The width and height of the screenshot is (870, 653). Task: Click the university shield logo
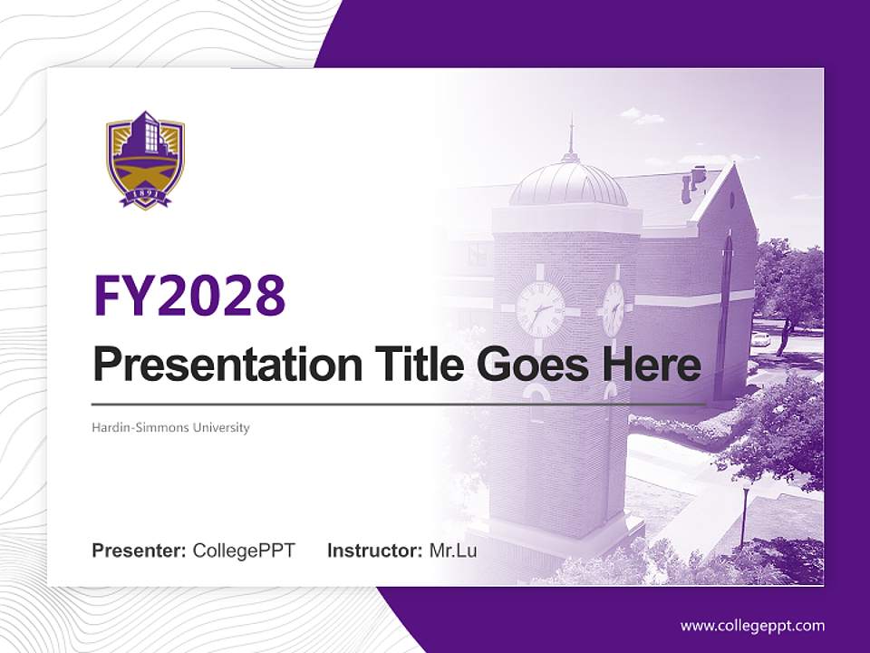pos(145,160)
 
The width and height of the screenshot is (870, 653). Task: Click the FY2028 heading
pos(189,297)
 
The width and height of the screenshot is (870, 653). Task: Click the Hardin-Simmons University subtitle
pos(170,427)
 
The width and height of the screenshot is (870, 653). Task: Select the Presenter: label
pos(140,551)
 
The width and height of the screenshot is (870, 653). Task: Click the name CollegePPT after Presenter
pos(244,551)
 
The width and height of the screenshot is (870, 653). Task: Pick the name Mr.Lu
pos(453,551)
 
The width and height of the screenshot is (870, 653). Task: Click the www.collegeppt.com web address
pos(752,626)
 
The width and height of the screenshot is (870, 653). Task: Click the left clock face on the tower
pos(541,309)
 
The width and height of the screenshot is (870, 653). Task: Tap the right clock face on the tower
pos(614,308)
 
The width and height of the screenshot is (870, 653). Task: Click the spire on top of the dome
pos(571,136)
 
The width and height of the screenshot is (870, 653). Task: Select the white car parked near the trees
pos(761,339)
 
